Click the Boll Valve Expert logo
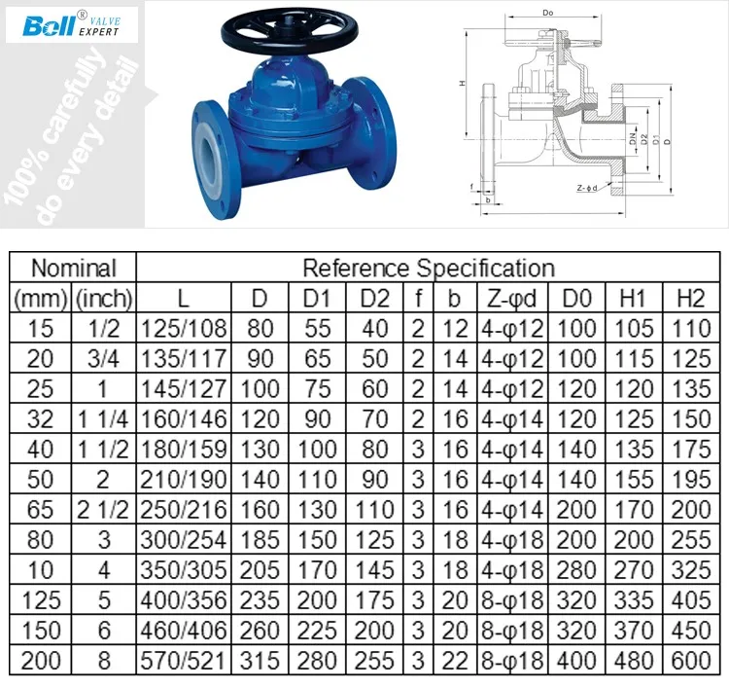coord(71,24)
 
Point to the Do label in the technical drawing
coord(548,13)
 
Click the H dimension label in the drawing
coord(464,85)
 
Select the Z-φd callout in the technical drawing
coord(586,188)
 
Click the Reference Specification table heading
coord(428,268)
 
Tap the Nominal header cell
coord(73,268)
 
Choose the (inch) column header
coord(104,298)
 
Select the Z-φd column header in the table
coord(510,298)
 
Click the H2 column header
coord(690,298)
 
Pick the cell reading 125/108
coord(184,329)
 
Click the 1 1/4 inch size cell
coord(104,419)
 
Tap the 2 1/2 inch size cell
coord(104,510)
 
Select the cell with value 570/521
coord(184,661)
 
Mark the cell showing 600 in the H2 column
coord(690,661)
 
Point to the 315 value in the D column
coord(260,661)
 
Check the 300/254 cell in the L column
coord(184,540)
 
